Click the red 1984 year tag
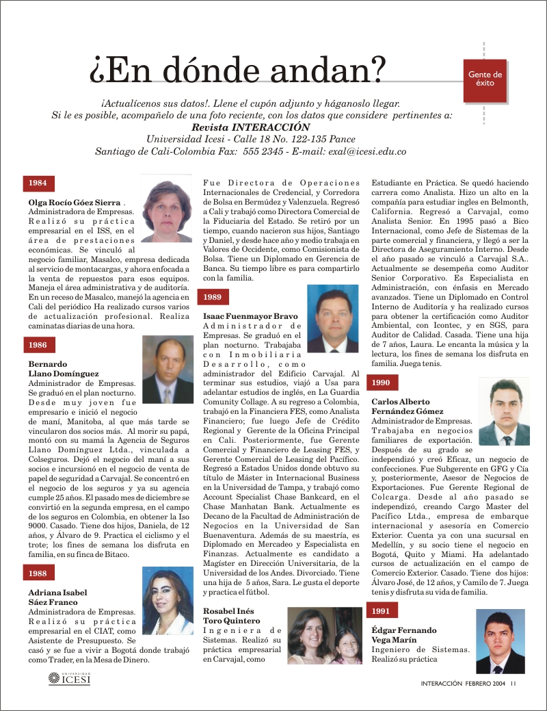[x=38, y=183]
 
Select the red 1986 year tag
[x=38, y=346]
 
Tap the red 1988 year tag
[x=38, y=573]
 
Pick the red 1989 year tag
[x=213, y=297]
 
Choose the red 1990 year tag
[x=382, y=383]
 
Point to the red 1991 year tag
[x=382, y=610]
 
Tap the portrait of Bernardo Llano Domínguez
[x=167, y=370]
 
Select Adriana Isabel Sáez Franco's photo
[x=167, y=600]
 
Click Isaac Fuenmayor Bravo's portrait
[x=332, y=318]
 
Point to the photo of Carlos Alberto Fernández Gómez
[x=504, y=412]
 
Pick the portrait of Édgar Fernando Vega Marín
[x=500, y=641]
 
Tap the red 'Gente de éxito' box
[x=485, y=78]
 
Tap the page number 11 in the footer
[x=513, y=682]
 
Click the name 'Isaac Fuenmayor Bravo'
[x=250, y=316]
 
